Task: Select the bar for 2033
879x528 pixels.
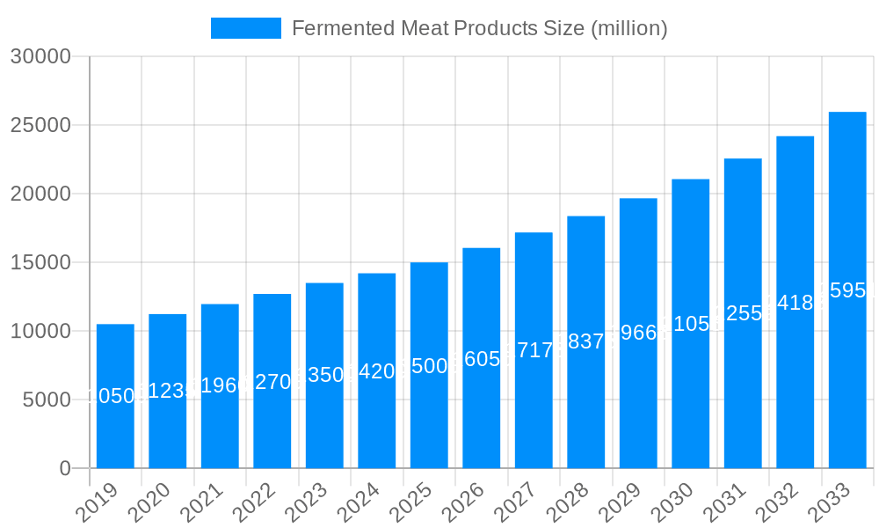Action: point(847,290)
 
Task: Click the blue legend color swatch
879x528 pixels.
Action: point(246,28)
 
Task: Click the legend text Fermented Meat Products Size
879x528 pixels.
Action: point(479,28)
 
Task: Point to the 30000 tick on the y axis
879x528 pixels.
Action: point(40,56)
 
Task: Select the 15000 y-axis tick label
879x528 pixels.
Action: point(40,262)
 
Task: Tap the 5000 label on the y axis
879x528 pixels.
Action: point(46,400)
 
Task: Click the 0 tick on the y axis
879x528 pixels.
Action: point(65,468)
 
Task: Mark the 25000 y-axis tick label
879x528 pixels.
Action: point(40,125)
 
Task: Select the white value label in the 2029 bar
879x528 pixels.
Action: point(638,333)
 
